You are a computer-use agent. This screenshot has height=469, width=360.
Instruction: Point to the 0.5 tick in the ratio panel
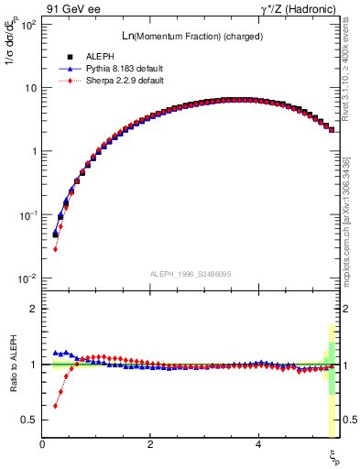[x=29, y=420]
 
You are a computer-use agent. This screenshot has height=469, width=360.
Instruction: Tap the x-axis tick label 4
[x=259, y=444]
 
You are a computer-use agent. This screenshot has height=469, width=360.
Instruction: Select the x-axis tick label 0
[x=43, y=444]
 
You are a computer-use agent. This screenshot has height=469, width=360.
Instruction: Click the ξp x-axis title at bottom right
[x=334, y=455]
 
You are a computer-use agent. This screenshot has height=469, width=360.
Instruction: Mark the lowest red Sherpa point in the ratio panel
[x=55, y=406]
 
